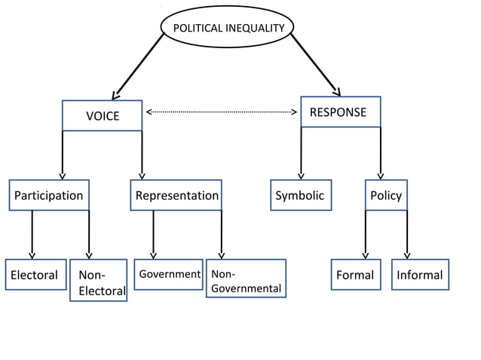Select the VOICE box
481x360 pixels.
coord(102,115)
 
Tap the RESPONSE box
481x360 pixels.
coord(340,112)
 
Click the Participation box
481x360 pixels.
coord(49,195)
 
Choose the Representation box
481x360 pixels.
coord(176,195)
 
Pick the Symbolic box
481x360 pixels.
coord(300,195)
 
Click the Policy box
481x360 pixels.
coord(386,195)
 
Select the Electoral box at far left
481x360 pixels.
coord(35,275)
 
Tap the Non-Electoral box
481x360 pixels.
coord(98,281)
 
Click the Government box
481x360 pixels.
coord(169,274)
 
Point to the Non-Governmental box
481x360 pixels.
coord(246,279)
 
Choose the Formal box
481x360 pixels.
coord(355,275)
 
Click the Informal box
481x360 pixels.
coord(420,275)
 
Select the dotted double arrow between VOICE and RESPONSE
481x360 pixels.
coord(221,112)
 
